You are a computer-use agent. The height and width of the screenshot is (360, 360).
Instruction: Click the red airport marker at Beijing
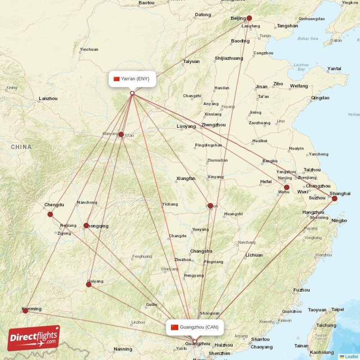249,18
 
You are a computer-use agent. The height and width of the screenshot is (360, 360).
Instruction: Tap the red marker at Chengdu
50,214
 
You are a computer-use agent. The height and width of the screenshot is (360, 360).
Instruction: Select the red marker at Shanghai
334,198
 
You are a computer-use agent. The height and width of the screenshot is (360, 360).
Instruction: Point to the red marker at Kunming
25,310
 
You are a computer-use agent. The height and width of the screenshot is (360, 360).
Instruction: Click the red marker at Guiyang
89,284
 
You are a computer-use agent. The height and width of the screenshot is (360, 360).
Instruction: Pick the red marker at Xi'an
121,134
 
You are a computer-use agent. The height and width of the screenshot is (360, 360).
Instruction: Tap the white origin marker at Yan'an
132,94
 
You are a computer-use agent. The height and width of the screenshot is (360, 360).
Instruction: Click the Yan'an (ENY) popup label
132,79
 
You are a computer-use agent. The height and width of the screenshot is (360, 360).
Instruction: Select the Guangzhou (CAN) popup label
194,327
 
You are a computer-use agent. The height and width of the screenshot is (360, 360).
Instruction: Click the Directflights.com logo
34,338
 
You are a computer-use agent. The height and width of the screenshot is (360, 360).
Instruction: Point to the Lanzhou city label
48,99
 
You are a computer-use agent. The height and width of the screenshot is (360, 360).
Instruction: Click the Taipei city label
337,310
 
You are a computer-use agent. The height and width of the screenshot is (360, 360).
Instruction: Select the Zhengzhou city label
213,125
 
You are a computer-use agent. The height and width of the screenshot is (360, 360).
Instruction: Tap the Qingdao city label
320,98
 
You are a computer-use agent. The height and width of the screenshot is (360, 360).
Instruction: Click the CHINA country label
21,147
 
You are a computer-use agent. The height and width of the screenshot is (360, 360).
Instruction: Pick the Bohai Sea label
308,39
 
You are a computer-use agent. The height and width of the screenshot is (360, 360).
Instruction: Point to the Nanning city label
123,349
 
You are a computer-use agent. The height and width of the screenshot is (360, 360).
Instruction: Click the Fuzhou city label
301,290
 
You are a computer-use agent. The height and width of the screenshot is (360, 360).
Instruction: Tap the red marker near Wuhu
287,187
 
